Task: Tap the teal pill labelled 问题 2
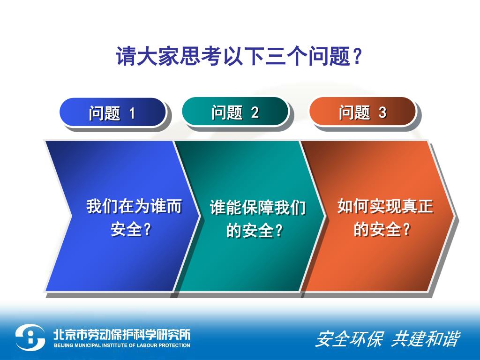pyautogui.click(x=235, y=112)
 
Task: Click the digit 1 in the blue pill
pyautogui.click(x=132, y=113)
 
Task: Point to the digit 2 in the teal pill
pyautogui.click(x=255, y=112)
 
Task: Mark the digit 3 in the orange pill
pyautogui.click(x=382, y=112)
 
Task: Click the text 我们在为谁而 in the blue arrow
pyautogui.click(x=134, y=206)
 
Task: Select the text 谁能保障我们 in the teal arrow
pyautogui.click(x=258, y=207)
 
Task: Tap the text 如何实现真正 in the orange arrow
pyautogui.click(x=385, y=206)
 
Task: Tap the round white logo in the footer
pyautogui.click(x=30, y=337)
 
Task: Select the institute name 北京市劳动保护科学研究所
pyautogui.click(x=121, y=334)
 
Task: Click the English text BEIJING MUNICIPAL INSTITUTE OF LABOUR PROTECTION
pyautogui.click(x=122, y=345)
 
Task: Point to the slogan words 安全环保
pyautogui.click(x=349, y=339)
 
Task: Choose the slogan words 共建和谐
pyautogui.click(x=426, y=339)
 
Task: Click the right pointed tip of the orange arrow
pyautogui.click(x=455, y=216)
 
